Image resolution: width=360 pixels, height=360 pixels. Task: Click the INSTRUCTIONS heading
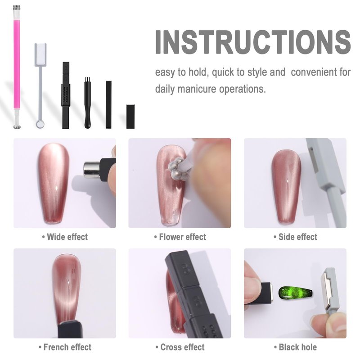[253, 42]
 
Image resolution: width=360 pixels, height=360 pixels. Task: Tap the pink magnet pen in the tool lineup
[17, 67]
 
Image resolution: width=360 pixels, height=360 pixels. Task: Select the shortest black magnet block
[130, 117]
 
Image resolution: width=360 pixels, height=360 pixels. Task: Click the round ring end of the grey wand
[40, 124]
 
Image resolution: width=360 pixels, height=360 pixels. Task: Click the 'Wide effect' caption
[65, 237]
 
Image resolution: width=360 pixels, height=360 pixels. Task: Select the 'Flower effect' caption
[180, 237]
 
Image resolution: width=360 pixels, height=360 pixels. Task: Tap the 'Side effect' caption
[295, 237]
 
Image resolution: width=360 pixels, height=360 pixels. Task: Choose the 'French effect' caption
[65, 347]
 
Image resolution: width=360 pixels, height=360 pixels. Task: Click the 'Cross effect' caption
[180, 347]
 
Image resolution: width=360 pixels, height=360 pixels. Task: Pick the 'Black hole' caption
[295, 347]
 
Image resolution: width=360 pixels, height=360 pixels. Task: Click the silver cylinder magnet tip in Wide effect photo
[91, 170]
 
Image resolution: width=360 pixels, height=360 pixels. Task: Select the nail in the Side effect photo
[286, 186]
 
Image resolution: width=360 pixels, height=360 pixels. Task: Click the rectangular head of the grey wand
[40, 54]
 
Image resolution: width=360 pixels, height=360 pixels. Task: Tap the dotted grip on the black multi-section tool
[66, 95]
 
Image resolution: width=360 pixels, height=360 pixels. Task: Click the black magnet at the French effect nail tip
[71, 329]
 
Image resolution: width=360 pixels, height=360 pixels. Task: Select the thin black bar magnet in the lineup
[108, 104]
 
